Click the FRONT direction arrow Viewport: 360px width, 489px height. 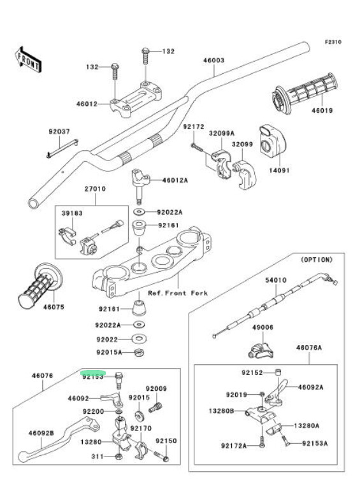(27, 60)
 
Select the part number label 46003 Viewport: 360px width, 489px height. (213, 60)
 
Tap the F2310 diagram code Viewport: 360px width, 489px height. (333, 42)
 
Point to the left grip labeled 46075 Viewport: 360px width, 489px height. (40, 287)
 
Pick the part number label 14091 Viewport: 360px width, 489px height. (279, 170)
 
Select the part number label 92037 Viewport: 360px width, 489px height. (59, 132)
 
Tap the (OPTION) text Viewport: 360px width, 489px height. (317, 260)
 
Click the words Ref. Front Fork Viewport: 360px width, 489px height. (178, 293)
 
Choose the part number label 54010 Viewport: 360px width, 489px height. (276, 280)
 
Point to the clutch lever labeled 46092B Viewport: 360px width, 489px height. (59, 439)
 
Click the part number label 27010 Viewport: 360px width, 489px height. (95, 188)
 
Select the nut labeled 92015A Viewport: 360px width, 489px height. (139, 353)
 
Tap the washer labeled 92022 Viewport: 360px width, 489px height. (139, 339)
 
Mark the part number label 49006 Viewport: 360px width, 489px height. (263, 327)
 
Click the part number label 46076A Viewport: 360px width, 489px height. (309, 348)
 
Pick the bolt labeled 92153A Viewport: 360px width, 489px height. (285, 441)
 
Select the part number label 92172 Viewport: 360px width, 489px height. (194, 127)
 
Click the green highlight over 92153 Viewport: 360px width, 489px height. (93, 372)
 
